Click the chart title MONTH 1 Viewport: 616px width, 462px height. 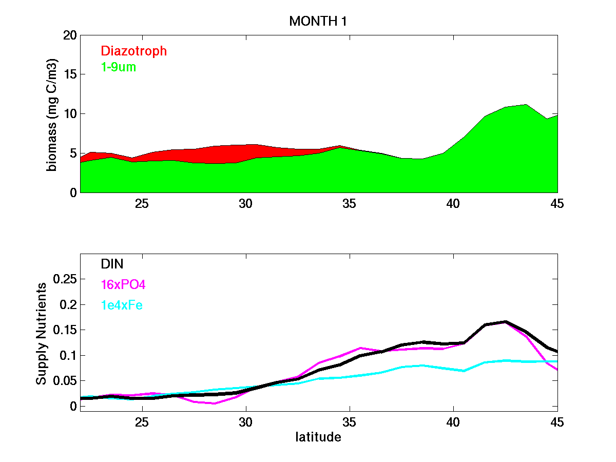(318, 22)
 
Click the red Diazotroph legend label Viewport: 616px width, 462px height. (134, 51)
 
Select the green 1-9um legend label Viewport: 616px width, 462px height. (119, 67)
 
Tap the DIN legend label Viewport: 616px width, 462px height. (112, 264)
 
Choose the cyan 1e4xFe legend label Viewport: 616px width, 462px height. (122, 305)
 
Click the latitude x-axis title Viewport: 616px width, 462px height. (318, 438)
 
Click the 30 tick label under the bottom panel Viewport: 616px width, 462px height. (246, 422)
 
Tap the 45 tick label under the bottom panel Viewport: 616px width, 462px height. (556, 422)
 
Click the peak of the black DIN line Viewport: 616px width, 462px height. (505, 322)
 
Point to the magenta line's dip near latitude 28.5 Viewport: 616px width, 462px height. (214, 403)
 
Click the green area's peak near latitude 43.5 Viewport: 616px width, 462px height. (525, 105)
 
